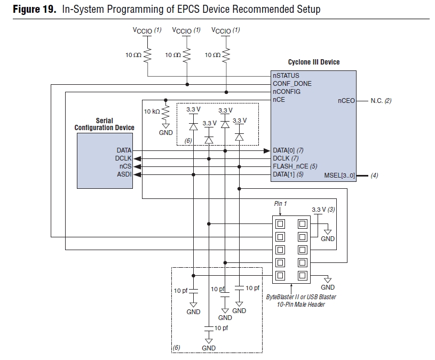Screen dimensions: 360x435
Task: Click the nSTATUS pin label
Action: pos(286,76)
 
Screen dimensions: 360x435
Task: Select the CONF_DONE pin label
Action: pos(292,84)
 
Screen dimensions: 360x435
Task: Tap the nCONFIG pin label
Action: pos(287,92)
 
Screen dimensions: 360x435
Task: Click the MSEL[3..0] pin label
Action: pos(340,175)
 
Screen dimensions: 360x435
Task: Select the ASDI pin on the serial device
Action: pos(124,174)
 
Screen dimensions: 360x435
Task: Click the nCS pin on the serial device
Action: pos(125,166)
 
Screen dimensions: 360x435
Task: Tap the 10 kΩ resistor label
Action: pos(152,111)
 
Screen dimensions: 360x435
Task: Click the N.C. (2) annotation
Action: pos(381,100)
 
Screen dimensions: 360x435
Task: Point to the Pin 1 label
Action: pos(281,204)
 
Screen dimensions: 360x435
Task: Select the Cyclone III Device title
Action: pos(314,62)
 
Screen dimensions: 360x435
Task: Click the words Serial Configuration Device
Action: pos(104,124)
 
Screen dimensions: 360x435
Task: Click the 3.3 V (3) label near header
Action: pos(323,210)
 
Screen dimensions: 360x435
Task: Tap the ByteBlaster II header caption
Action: pos(301,300)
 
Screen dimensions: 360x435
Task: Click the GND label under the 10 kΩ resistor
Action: pos(166,132)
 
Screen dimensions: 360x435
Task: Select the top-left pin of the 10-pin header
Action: pos(280,223)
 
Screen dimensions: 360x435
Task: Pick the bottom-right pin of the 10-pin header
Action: pos(302,276)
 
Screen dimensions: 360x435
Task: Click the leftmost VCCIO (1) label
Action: pos(147,30)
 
